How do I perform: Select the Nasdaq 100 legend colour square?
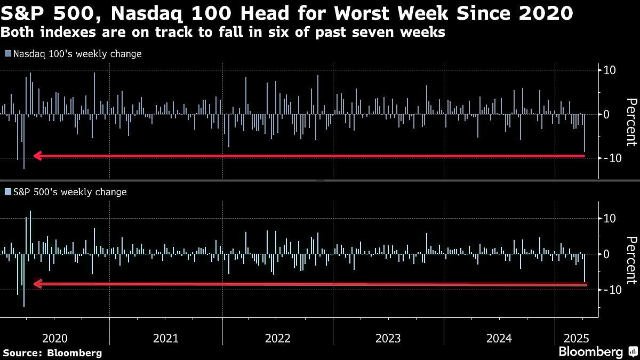click(x=7, y=54)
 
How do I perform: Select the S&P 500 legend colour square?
click(x=7, y=192)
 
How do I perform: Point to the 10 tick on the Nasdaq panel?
click(x=610, y=70)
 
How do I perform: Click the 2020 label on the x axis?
click(x=54, y=338)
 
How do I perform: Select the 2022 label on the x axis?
click(x=277, y=338)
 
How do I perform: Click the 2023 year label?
click(x=388, y=338)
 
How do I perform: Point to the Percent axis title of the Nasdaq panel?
click(x=631, y=122)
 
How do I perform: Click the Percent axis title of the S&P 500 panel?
click(x=631, y=260)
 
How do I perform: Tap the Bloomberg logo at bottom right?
click(x=590, y=351)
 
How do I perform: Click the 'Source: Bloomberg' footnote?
click(x=52, y=353)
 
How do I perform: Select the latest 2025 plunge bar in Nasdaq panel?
click(x=585, y=133)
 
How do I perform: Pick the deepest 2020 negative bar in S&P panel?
click(x=23, y=279)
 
